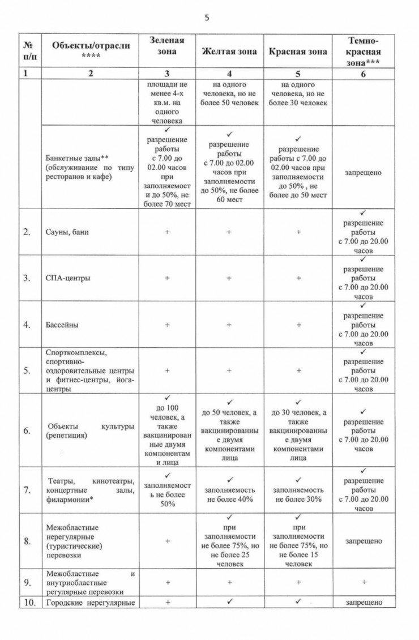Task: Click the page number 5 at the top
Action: coord(207,17)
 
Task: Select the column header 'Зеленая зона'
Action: coord(167,46)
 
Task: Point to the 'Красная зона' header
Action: coord(298,52)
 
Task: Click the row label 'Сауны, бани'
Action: coord(67,232)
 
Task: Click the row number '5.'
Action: coord(27,371)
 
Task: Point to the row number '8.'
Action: coord(27,541)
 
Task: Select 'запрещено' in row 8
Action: coord(364,541)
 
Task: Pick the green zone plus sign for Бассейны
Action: coord(167,325)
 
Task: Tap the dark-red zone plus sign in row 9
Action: coord(364,582)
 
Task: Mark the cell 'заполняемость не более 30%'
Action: coord(298,494)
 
